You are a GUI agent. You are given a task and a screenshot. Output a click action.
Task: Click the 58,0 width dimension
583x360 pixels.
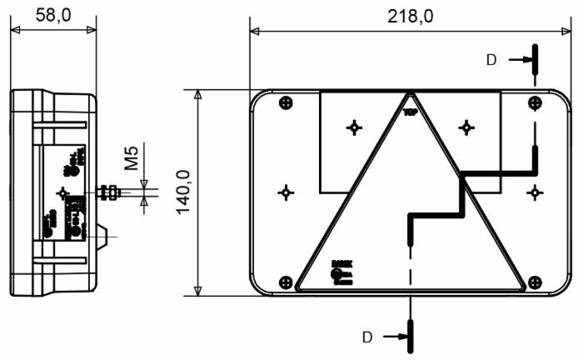[52, 14]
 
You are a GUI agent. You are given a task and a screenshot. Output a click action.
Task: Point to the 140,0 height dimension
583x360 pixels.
[182, 192]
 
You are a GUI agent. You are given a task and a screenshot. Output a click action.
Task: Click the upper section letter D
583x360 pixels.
[491, 59]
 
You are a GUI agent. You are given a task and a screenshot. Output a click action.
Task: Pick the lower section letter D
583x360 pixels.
[366, 337]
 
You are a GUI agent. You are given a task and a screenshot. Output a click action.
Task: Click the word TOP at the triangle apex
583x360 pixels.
[410, 111]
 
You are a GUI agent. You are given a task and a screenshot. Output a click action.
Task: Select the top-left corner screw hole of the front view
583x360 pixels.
[286, 102]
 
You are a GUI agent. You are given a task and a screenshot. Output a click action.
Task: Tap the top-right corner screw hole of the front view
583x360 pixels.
[534, 102]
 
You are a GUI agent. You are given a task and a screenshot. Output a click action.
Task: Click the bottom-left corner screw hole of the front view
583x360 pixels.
[286, 282]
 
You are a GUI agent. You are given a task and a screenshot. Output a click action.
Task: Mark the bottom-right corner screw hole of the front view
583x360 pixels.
[534, 282]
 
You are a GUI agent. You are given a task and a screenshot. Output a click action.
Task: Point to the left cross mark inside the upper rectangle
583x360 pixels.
[355, 127]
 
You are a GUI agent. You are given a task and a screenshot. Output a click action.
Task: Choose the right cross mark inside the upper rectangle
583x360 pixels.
[466, 127]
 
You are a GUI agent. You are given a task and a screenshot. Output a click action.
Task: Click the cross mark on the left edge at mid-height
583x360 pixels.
[286, 192]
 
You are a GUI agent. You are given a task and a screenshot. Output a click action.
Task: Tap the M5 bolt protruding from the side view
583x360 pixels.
[109, 192]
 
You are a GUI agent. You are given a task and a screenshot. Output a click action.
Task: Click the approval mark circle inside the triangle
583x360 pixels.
[336, 272]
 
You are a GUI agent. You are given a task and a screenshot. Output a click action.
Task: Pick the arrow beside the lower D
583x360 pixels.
[393, 337]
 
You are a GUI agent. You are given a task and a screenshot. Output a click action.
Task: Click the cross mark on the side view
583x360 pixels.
[62, 192]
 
